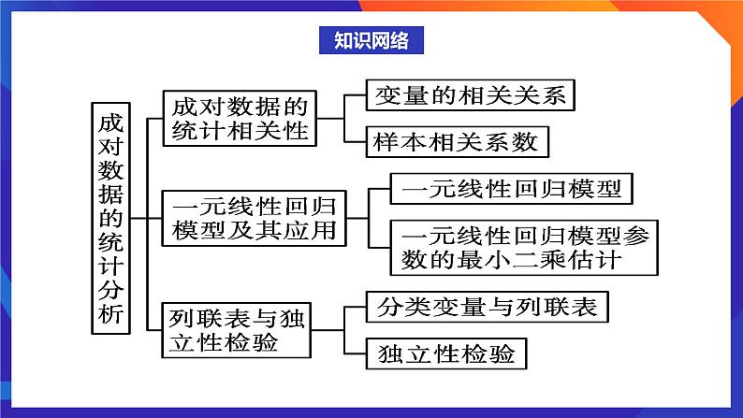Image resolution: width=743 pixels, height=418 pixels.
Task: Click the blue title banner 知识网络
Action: coord(371,40)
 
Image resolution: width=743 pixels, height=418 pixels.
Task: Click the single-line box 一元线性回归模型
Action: coord(510,189)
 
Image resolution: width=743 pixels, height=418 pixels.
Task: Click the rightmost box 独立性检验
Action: coord(446,353)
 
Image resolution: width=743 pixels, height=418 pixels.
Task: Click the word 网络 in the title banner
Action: coord(390,40)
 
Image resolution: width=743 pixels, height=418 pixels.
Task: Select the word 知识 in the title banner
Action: coord(351,40)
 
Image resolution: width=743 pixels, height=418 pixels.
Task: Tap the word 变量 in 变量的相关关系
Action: coord(401,95)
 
